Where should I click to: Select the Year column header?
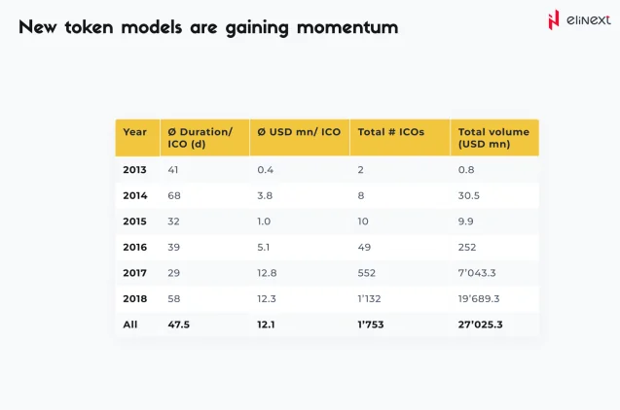[135, 132]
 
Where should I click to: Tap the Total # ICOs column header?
[390, 132]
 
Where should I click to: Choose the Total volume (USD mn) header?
[493, 138]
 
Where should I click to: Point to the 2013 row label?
[134, 169]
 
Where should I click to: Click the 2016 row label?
[134, 247]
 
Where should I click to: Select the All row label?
[130, 325]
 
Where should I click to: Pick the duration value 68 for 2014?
[175, 195]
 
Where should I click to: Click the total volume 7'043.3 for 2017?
[478, 273]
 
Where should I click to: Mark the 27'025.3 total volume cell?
[481, 325]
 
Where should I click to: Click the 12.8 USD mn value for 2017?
[267, 273]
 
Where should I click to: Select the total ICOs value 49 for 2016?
[365, 247]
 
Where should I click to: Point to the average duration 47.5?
[179, 325]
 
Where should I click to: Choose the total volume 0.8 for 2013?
[465, 169]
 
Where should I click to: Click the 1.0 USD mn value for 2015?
[264, 222]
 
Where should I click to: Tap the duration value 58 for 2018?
[175, 299]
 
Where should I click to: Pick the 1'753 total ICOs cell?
[372, 325]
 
